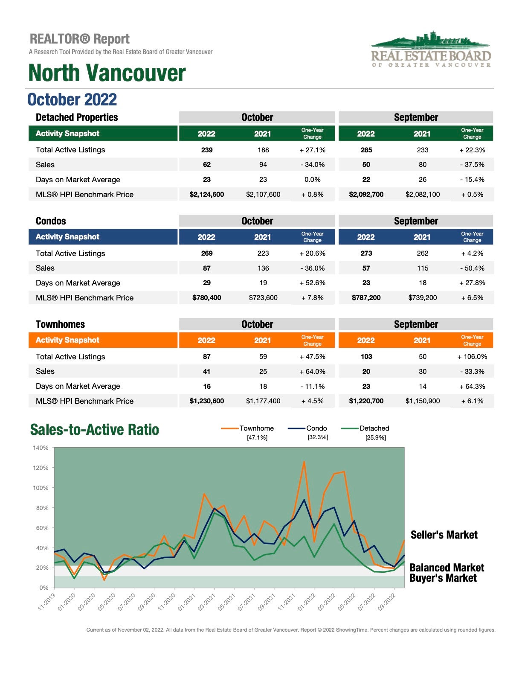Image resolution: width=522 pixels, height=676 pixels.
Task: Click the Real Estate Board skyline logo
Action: pos(431,49)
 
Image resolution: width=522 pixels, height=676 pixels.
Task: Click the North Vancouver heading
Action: pos(107,73)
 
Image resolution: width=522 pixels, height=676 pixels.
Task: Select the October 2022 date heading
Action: pos(72,99)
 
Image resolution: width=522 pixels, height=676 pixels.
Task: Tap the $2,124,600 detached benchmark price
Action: pos(207,195)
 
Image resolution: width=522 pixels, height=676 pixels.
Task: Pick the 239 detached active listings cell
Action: pos(207,150)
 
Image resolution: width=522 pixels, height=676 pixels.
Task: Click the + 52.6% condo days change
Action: pos(313,283)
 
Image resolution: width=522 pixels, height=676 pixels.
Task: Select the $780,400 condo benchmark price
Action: pos(207,298)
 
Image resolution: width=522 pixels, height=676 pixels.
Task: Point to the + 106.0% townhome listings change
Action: pos(472,356)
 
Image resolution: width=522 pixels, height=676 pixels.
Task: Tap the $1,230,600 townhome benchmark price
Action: pos(207,401)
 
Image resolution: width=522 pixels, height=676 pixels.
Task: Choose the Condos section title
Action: pos(51,221)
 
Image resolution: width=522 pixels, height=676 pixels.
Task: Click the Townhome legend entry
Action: pos(247,428)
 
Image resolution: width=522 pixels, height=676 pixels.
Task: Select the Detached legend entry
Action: pos(365,428)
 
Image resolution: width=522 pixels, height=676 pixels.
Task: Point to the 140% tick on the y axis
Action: pos(41,448)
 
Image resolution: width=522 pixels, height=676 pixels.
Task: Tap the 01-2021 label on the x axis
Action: pos(186,602)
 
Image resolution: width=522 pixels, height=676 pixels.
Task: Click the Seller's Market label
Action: pos(444,535)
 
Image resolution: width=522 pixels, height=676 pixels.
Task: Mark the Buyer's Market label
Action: pos(443,578)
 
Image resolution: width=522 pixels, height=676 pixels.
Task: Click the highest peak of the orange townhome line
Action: pos(304,461)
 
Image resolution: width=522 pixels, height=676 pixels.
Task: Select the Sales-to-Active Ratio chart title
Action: pos(95,430)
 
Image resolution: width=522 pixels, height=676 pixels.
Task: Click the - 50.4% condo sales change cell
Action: pos(472,268)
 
